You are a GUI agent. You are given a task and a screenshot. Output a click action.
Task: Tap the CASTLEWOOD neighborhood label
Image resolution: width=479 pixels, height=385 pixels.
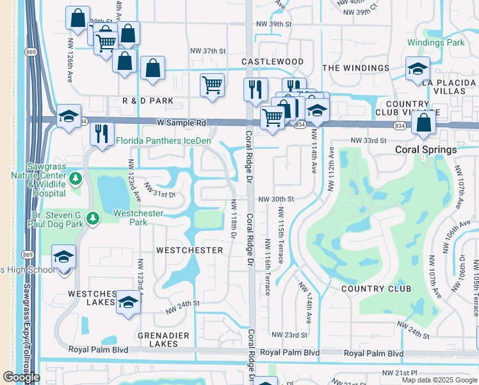tap(272, 62)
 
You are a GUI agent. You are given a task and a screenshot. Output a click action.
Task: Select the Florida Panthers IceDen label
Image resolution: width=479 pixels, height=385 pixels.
tap(163, 141)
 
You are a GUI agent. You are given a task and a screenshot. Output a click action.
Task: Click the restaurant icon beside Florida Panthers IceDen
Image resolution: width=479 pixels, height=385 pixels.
tap(101, 134)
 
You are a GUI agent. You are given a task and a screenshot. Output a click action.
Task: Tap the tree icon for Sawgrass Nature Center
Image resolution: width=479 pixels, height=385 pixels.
tap(76, 178)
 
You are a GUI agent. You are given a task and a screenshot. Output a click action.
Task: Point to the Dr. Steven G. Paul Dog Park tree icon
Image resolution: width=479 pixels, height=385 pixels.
tap(93, 219)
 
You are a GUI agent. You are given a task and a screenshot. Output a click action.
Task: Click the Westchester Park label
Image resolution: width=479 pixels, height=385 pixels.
tap(138, 218)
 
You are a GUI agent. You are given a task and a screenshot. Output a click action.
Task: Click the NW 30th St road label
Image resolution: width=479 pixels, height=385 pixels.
tap(277, 200)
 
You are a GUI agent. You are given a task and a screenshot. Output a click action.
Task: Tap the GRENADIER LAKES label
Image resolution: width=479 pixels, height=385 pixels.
tap(158, 339)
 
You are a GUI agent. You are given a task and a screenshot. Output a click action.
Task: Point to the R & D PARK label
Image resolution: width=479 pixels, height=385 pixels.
tap(148, 101)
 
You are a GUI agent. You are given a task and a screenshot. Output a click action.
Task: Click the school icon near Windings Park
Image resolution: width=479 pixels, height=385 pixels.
tap(418, 69)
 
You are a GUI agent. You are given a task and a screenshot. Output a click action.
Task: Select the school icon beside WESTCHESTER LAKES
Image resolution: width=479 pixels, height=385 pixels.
tap(128, 302)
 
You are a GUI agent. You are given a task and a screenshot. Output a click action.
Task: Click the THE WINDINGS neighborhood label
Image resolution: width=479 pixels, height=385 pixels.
tap(355, 68)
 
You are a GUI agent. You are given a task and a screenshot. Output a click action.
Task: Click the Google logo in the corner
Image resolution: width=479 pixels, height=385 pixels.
tap(21, 377)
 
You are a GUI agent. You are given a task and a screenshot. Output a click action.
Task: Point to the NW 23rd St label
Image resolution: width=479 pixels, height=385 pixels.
tap(289, 335)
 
